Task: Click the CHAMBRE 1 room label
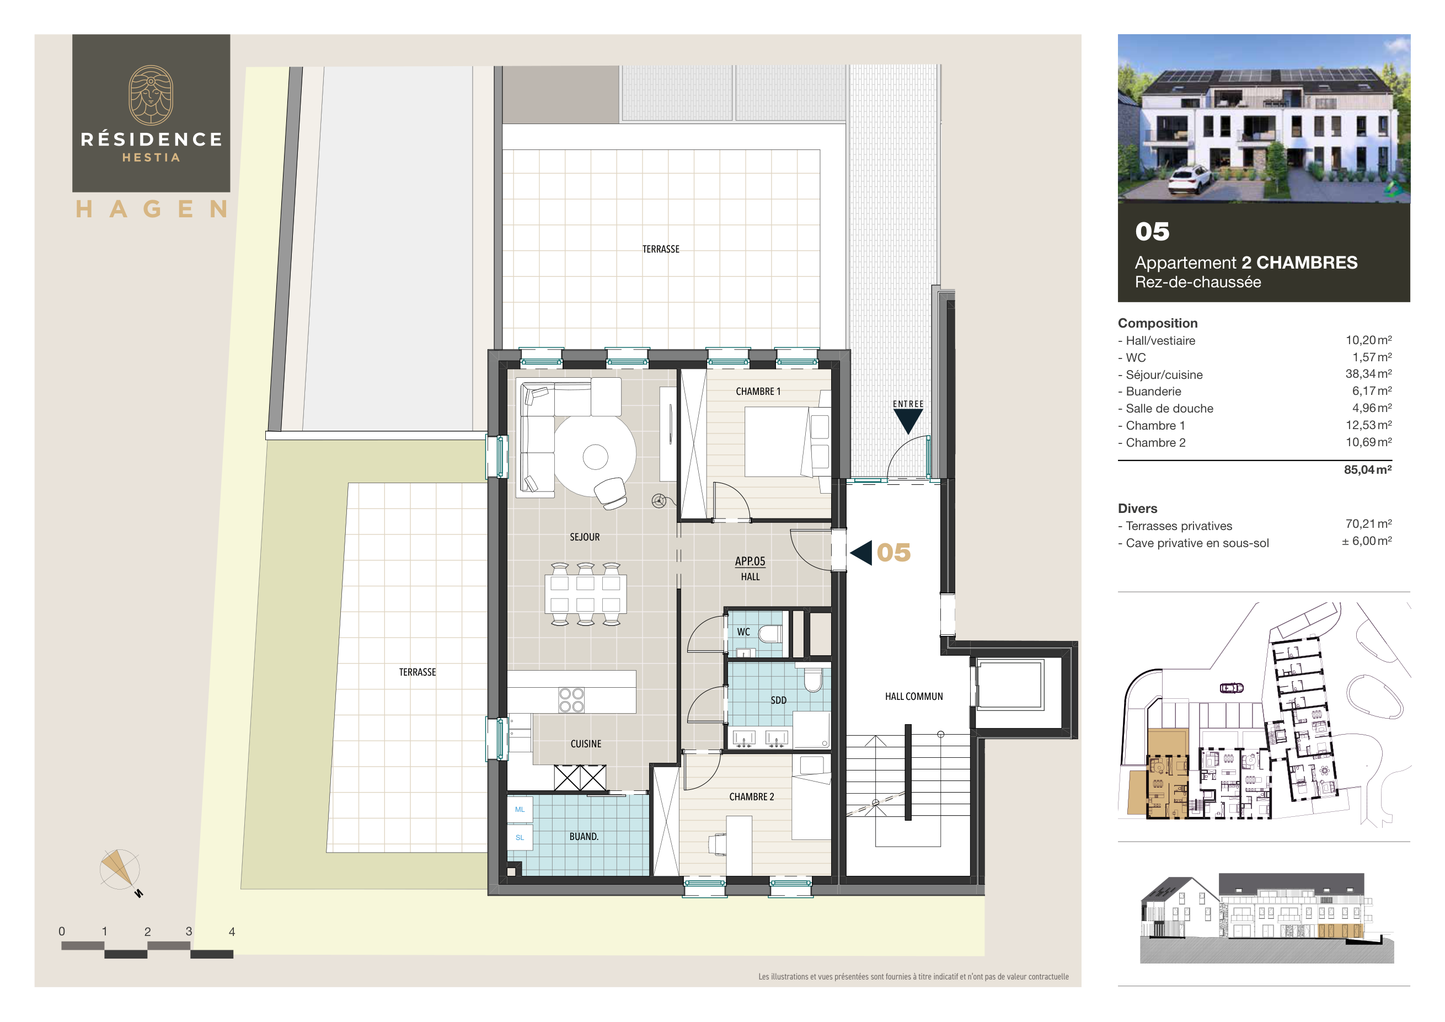(758, 392)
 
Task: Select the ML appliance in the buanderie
(520, 809)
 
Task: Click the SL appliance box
(520, 838)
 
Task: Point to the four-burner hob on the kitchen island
(571, 700)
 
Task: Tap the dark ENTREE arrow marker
(907, 420)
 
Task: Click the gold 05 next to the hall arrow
(893, 553)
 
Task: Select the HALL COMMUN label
(913, 697)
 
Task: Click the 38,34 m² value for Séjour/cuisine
(1368, 374)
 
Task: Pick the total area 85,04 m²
(1367, 469)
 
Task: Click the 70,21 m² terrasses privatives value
(1368, 523)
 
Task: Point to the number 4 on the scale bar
(232, 932)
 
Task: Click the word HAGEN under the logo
(151, 209)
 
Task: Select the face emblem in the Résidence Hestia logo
(151, 95)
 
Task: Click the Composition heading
(1158, 323)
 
